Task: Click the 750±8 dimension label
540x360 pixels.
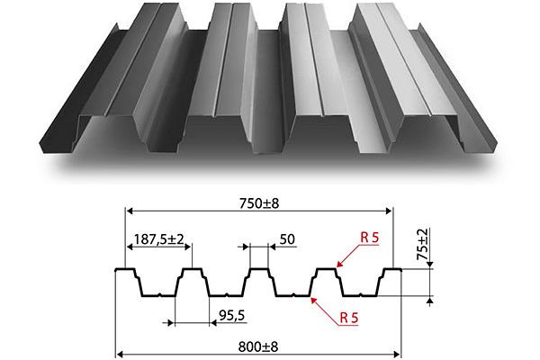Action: (x=259, y=203)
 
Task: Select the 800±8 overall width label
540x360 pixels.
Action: (x=258, y=346)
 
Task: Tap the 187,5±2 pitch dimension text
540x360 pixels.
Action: (x=158, y=238)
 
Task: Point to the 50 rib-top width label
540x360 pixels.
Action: (x=287, y=239)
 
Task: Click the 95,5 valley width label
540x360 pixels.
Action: (x=232, y=315)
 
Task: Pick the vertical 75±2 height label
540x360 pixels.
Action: (x=423, y=245)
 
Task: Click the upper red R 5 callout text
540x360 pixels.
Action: (x=369, y=238)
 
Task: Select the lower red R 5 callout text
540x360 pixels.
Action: (x=349, y=318)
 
